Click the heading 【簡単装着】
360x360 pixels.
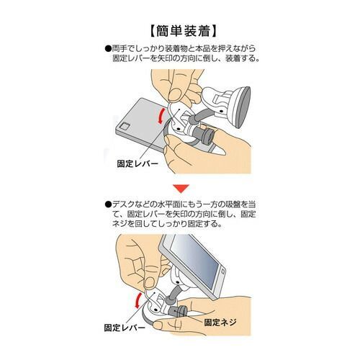(179, 31)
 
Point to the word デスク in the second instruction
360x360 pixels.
(122, 204)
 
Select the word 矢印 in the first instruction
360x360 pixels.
(179, 58)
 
